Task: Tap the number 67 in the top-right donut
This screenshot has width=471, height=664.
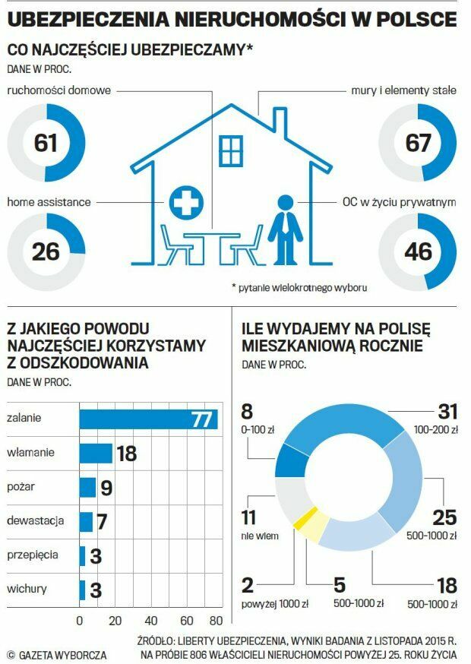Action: pos(418,143)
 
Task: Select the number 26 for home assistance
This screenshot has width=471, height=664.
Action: pos(46,251)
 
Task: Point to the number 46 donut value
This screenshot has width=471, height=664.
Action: pos(418,251)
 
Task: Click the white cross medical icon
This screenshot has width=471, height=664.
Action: pos(183,202)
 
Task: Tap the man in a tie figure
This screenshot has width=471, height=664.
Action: pos(283,228)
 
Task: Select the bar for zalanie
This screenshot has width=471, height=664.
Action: pos(148,419)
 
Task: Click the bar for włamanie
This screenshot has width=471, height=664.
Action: pos(96,454)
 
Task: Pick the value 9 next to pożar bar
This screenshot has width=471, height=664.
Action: pos(106,488)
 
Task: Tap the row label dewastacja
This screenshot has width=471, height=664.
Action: pos(35,521)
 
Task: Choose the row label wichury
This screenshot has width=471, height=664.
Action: pos(27,589)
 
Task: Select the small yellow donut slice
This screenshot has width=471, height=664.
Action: pos(298,519)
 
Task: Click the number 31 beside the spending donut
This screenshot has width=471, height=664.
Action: pos(447,412)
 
